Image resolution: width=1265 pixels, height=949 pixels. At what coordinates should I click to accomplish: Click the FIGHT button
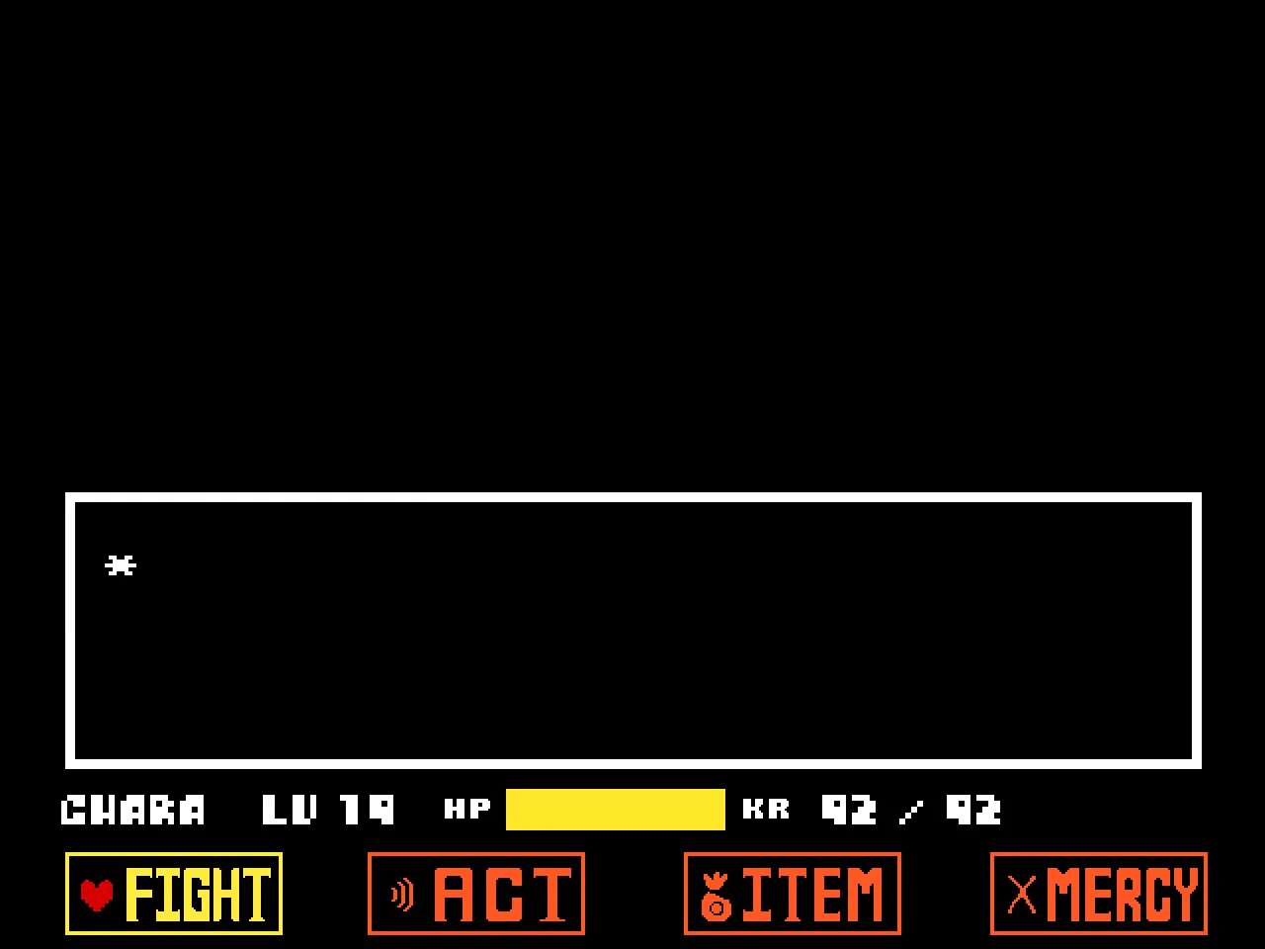pyautogui.click(x=174, y=894)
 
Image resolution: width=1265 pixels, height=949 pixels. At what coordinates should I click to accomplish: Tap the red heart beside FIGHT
pyautogui.click(x=97, y=894)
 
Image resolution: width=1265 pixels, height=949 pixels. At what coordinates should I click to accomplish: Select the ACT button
pyautogui.click(x=475, y=894)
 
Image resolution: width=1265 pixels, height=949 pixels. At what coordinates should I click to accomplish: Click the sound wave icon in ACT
pyautogui.click(x=401, y=895)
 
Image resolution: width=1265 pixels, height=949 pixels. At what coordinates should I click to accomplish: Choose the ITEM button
pyautogui.click(x=792, y=894)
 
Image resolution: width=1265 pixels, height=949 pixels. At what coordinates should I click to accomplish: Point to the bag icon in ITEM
pyautogui.click(x=716, y=896)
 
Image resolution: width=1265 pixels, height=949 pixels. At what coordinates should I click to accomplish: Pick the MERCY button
pyautogui.click(x=1098, y=894)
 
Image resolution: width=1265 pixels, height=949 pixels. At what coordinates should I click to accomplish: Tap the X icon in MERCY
pyautogui.click(x=1022, y=895)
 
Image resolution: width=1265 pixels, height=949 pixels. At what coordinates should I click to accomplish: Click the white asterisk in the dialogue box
pyautogui.click(x=121, y=565)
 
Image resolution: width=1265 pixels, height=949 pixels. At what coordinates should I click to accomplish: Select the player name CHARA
pyautogui.click(x=133, y=811)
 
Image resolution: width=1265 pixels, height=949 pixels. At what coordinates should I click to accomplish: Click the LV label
pyautogui.click(x=290, y=811)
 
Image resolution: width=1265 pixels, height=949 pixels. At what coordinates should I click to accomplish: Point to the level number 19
pyautogui.click(x=367, y=811)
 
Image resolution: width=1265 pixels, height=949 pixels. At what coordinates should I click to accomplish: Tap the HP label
pyautogui.click(x=467, y=810)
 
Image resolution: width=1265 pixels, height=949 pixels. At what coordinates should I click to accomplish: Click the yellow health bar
pyautogui.click(x=615, y=810)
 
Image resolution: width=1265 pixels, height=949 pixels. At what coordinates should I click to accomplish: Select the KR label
pyautogui.click(x=766, y=810)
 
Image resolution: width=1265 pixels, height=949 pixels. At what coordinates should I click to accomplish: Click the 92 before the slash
pyautogui.click(x=849, y=811)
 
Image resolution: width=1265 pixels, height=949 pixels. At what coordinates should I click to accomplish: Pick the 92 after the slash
pyautogui.click(x=973, y=811)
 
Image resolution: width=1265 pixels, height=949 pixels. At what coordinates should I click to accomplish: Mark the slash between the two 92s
pyautogui.click(x=911, y=813)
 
